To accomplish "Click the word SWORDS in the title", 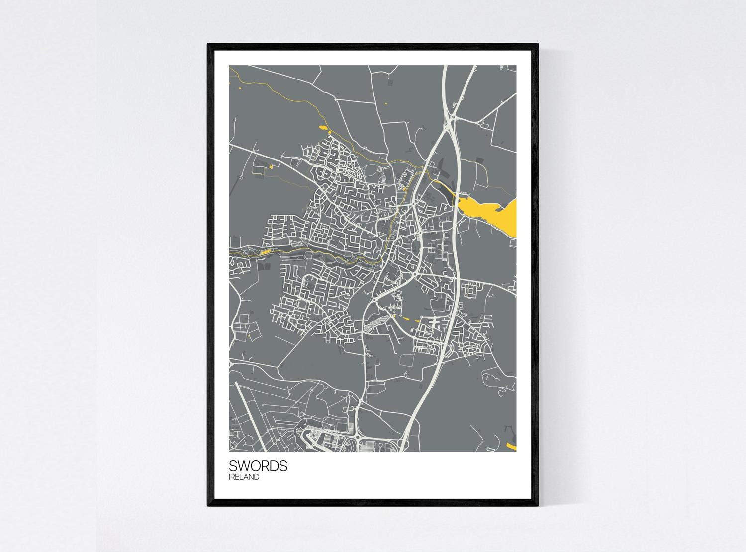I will tap(258, 466).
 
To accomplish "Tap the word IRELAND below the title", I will tap(244, 477).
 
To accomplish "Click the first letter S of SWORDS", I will tap(233, 466).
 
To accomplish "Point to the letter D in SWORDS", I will tap(275, 466).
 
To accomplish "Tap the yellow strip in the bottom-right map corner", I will tap(511, 446).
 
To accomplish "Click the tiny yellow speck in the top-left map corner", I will tap(240, 88).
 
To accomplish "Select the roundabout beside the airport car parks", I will tap(359, 437).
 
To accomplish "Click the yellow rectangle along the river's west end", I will tap(266, 252).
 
